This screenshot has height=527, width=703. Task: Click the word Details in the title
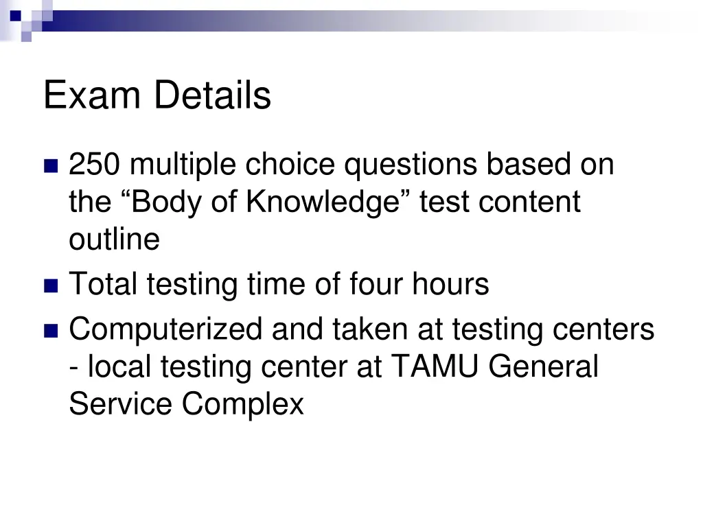(x=212, y=95)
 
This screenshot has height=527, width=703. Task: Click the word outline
(x=114, y=239)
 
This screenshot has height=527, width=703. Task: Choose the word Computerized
(x=165, y=330)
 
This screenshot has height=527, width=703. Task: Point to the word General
(x=544, y=366)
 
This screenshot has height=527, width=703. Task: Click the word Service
(x=120, y=403)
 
